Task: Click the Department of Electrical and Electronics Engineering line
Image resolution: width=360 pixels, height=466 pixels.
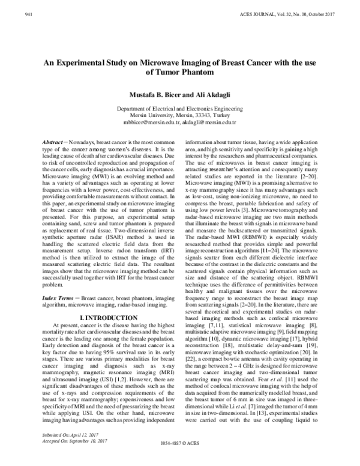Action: (x=179, y=109)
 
